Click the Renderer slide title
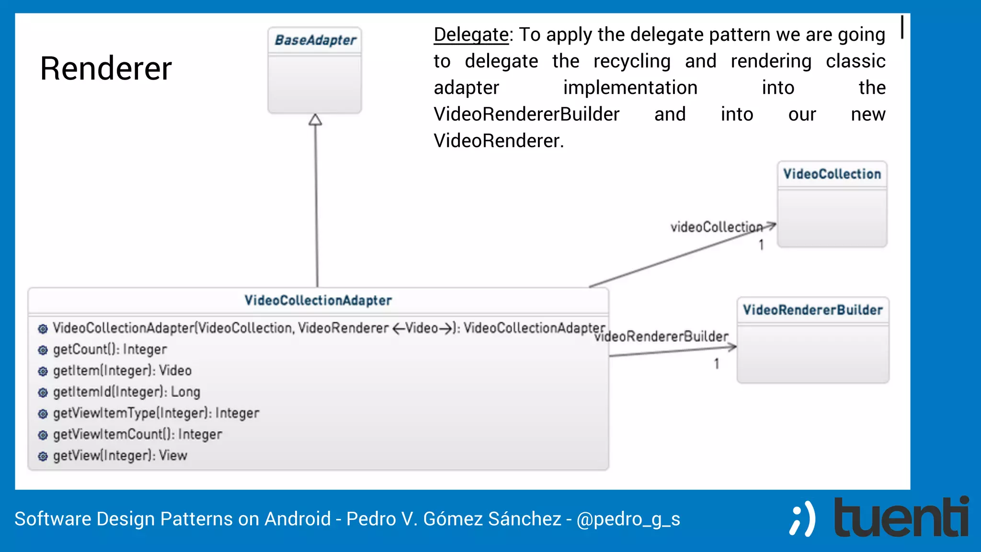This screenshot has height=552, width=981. (106, 69)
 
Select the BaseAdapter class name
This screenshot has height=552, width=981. (315, 40)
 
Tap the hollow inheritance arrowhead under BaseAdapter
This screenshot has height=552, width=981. (315, 120)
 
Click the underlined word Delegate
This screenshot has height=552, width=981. (471, 35)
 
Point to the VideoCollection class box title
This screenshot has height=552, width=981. (832, 174)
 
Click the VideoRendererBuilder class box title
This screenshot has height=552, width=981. (813, 310)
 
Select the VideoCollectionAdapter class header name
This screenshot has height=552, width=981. (318, 300)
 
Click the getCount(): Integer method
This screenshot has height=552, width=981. (110, 349)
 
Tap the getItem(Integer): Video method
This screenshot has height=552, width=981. (122, 370)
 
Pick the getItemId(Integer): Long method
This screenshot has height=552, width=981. (126, 392)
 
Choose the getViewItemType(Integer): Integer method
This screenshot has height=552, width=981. (156, 413)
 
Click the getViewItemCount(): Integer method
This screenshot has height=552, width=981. (137, 434)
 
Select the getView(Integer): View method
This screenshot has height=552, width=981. (120, 455)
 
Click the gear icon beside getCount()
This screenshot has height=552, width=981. (43, 350)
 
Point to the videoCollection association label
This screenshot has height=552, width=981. (716, 227)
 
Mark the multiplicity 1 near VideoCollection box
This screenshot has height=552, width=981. (761, 245)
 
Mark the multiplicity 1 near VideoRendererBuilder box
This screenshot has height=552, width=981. (717, 364)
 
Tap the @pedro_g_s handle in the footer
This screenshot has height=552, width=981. (628, 519)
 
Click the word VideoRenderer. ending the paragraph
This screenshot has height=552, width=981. (499, 141)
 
